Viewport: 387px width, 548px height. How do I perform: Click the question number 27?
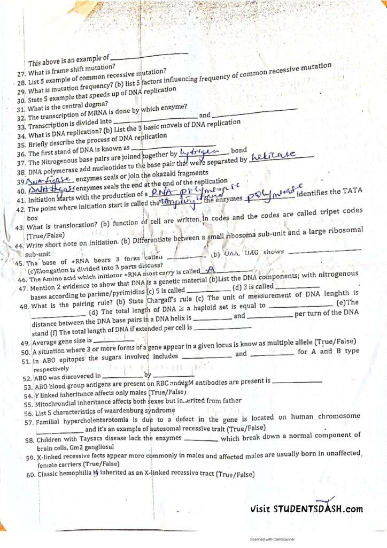tap(21, 73)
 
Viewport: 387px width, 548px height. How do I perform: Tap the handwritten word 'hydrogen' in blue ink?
tap(196, 154)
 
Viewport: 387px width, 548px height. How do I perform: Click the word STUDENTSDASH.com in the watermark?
tap(318, 509)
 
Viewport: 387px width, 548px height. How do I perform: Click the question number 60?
tap(30, 475)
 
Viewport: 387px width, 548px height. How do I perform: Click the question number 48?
tap(24, 307)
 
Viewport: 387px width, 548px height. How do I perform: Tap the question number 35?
tap(21, 145)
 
